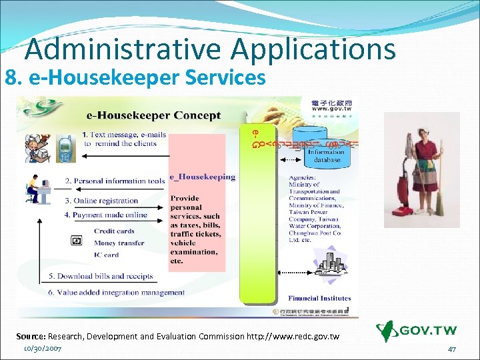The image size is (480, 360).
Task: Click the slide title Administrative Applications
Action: (x=210, y=49)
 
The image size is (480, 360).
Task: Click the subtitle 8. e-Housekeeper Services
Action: (x=135, y=78)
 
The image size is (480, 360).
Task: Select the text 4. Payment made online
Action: (x=105, y=215)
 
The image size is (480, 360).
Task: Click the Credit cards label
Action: (x=114, y=231)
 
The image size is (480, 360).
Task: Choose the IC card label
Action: (x=106, y=255)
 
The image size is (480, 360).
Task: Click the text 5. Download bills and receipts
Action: (x=100, y=276)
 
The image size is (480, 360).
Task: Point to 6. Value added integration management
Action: (x=116, y=292)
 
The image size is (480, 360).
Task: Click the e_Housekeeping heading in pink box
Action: (x=202, y=177)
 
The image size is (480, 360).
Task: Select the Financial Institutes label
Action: (x=319, y=298)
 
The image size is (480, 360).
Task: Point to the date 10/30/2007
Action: (x=43, y=348)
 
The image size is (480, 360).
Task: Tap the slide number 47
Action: (x=451, y=349)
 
